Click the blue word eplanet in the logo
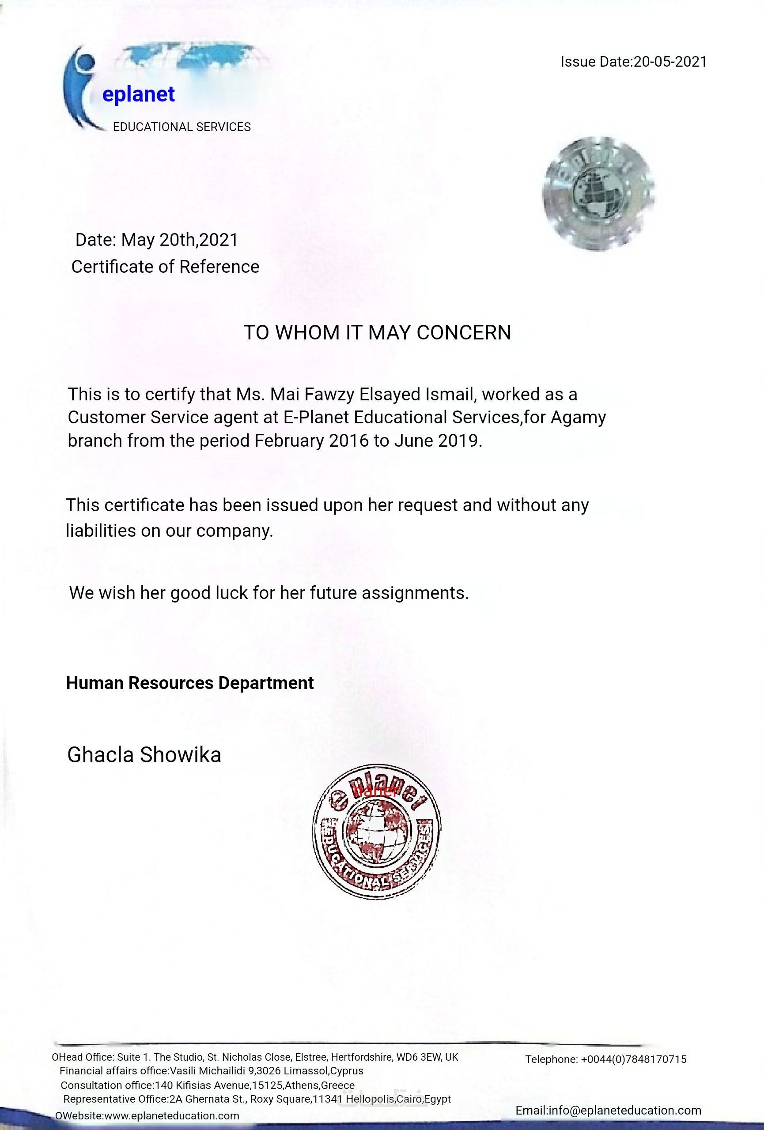(138, 94)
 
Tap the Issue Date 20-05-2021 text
(633, 62)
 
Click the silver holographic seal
(599, 193)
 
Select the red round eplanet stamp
(376, 832)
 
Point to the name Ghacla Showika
(144, 755)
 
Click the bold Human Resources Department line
(189, 683)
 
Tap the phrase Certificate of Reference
(165, 267)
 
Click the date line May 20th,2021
(157, 240)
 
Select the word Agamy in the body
(578, 418)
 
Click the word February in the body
(289, 441)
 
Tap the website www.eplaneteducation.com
(172, 1116)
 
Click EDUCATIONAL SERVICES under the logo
(182, 128)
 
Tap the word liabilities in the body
(101, 531)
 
